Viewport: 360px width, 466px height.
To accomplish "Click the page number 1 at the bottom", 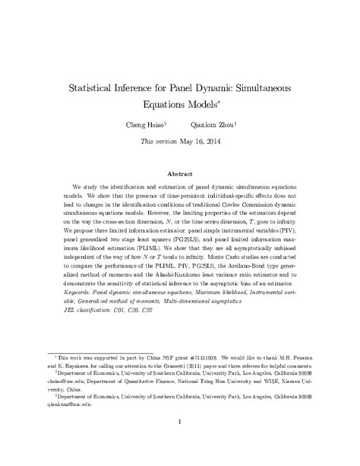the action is (180, 426).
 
